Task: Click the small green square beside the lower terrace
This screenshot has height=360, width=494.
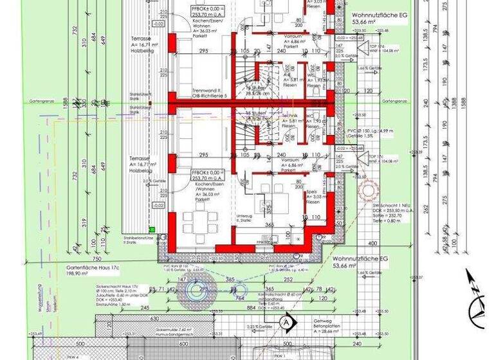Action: (x=152, y=229)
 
